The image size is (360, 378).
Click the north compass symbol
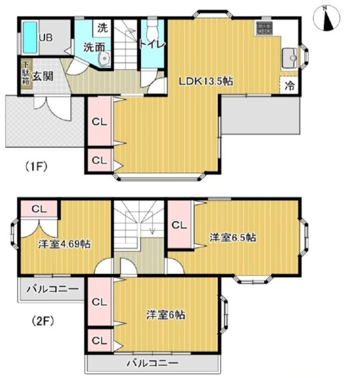point(326,19)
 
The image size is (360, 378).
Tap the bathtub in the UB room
point(30,37)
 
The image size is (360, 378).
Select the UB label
point(46,38)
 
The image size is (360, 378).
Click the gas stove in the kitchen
point(264,28)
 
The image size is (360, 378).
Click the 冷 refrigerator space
point(289,85)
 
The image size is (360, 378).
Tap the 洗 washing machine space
point(102,28)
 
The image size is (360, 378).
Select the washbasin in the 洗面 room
point(104,59)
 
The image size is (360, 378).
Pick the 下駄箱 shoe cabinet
point(26,74)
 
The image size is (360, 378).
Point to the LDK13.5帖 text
point(206,82)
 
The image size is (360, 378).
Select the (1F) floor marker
point(36,166)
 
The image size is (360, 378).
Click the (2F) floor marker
point(43,321)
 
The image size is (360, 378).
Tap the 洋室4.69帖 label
point(65,244)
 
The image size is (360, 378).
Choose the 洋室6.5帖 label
point(232,237)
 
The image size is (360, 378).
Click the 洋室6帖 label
point(166,315)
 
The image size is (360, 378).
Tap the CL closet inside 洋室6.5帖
point(179,225)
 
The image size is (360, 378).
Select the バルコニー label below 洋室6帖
point(153,363)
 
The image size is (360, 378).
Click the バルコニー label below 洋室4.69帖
point(52,289)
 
